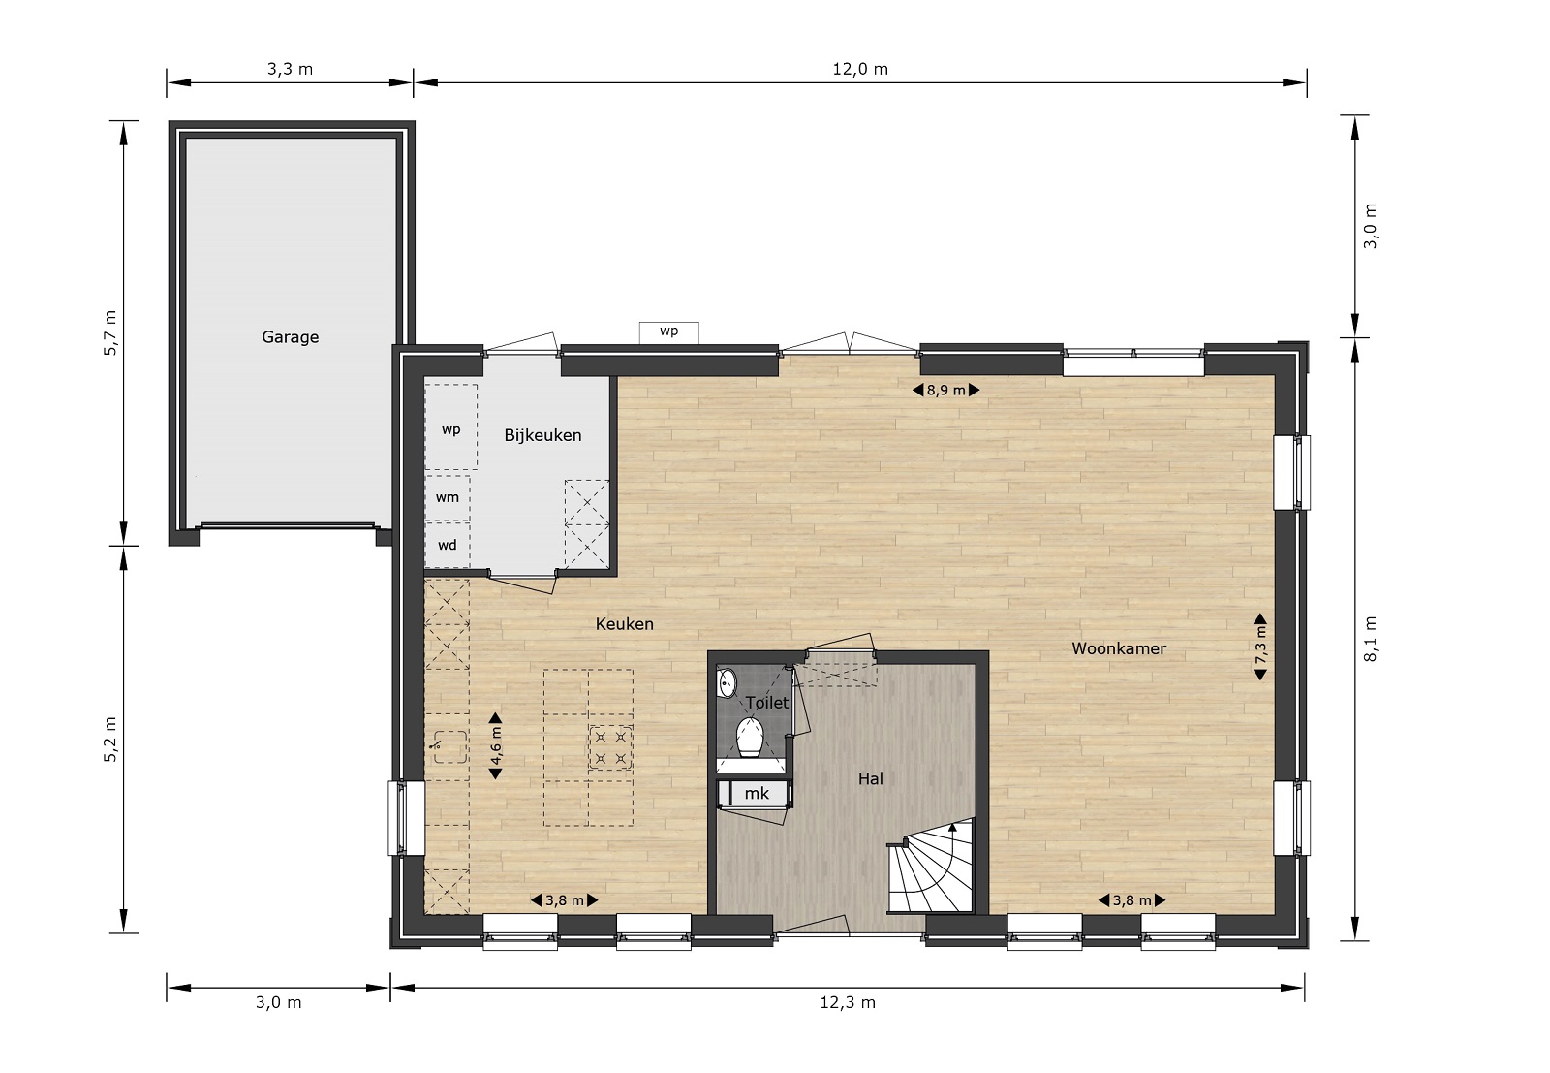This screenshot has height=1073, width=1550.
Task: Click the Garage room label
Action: (x=290, y=337)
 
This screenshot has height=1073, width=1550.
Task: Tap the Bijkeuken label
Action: (x=542, y=435)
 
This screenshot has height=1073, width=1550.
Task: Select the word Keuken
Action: (x=624, y=624)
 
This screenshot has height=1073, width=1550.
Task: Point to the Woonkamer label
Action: (x=1118, y=648)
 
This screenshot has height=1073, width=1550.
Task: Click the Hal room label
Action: (x=871, y=778)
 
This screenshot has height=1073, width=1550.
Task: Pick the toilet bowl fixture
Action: (x=750, y=737)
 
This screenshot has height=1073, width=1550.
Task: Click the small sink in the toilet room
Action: (x=727, y=683)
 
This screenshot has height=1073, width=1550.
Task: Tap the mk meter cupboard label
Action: (x=757, y=793)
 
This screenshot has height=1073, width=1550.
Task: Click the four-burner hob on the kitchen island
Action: (x=610, y=747)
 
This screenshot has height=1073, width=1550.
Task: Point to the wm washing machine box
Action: (x=448, y=498)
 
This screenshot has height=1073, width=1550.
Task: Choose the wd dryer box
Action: (x=448, y=545)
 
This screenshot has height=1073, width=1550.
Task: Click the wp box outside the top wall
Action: (x=668, y=331)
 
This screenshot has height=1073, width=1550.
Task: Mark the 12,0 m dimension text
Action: (x=860, y=69)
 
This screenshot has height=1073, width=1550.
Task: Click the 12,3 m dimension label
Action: (x=848, y=1002)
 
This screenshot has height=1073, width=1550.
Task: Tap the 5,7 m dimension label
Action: (x=110, y=333)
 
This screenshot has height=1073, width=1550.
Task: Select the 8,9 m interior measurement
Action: (x=945, y=391)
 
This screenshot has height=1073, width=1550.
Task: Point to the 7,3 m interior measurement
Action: (x=1260, y=647)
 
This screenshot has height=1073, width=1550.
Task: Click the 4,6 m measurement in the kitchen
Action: (x=495, y=746)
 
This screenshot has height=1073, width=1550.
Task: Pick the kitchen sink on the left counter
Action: (x=449, y=747)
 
